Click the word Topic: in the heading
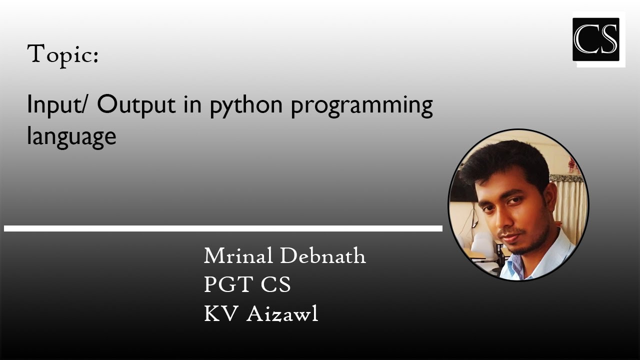pos(62,54)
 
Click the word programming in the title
pos(361,107)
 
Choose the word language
pos(71,137)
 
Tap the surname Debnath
pos(323,256)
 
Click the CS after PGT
pos(275,285)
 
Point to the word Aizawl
pos(282,314)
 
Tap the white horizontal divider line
pos(223,228)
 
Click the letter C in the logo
pos(585,39)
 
